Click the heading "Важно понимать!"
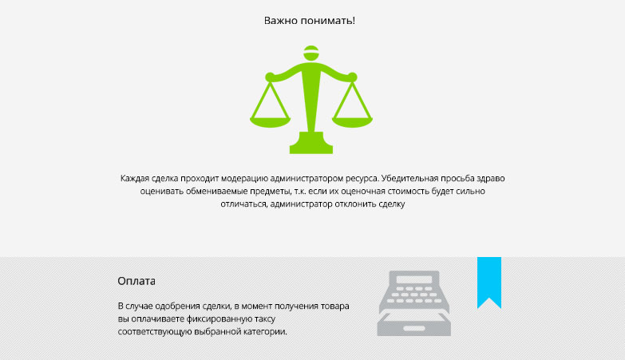pyautogui.click(x=310, y=20)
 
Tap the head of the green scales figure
pyautogui.click(x=311, y=53)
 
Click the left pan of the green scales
pyautogui.click(x=270, y=122)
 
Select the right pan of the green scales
pyautogui.click(x=352, y=122)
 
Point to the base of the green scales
pyautogui.click(x=311, y=143)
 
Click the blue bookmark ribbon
pyautogui.click(x=489, y=283)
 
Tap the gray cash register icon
pyautogui.click(x=413, y=303)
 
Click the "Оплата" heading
pyautogui.click(x=136, y=281)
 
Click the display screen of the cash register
pyautogui.click(x=414, y=279)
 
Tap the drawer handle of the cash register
pyautogui.click(x=414, y=329)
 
